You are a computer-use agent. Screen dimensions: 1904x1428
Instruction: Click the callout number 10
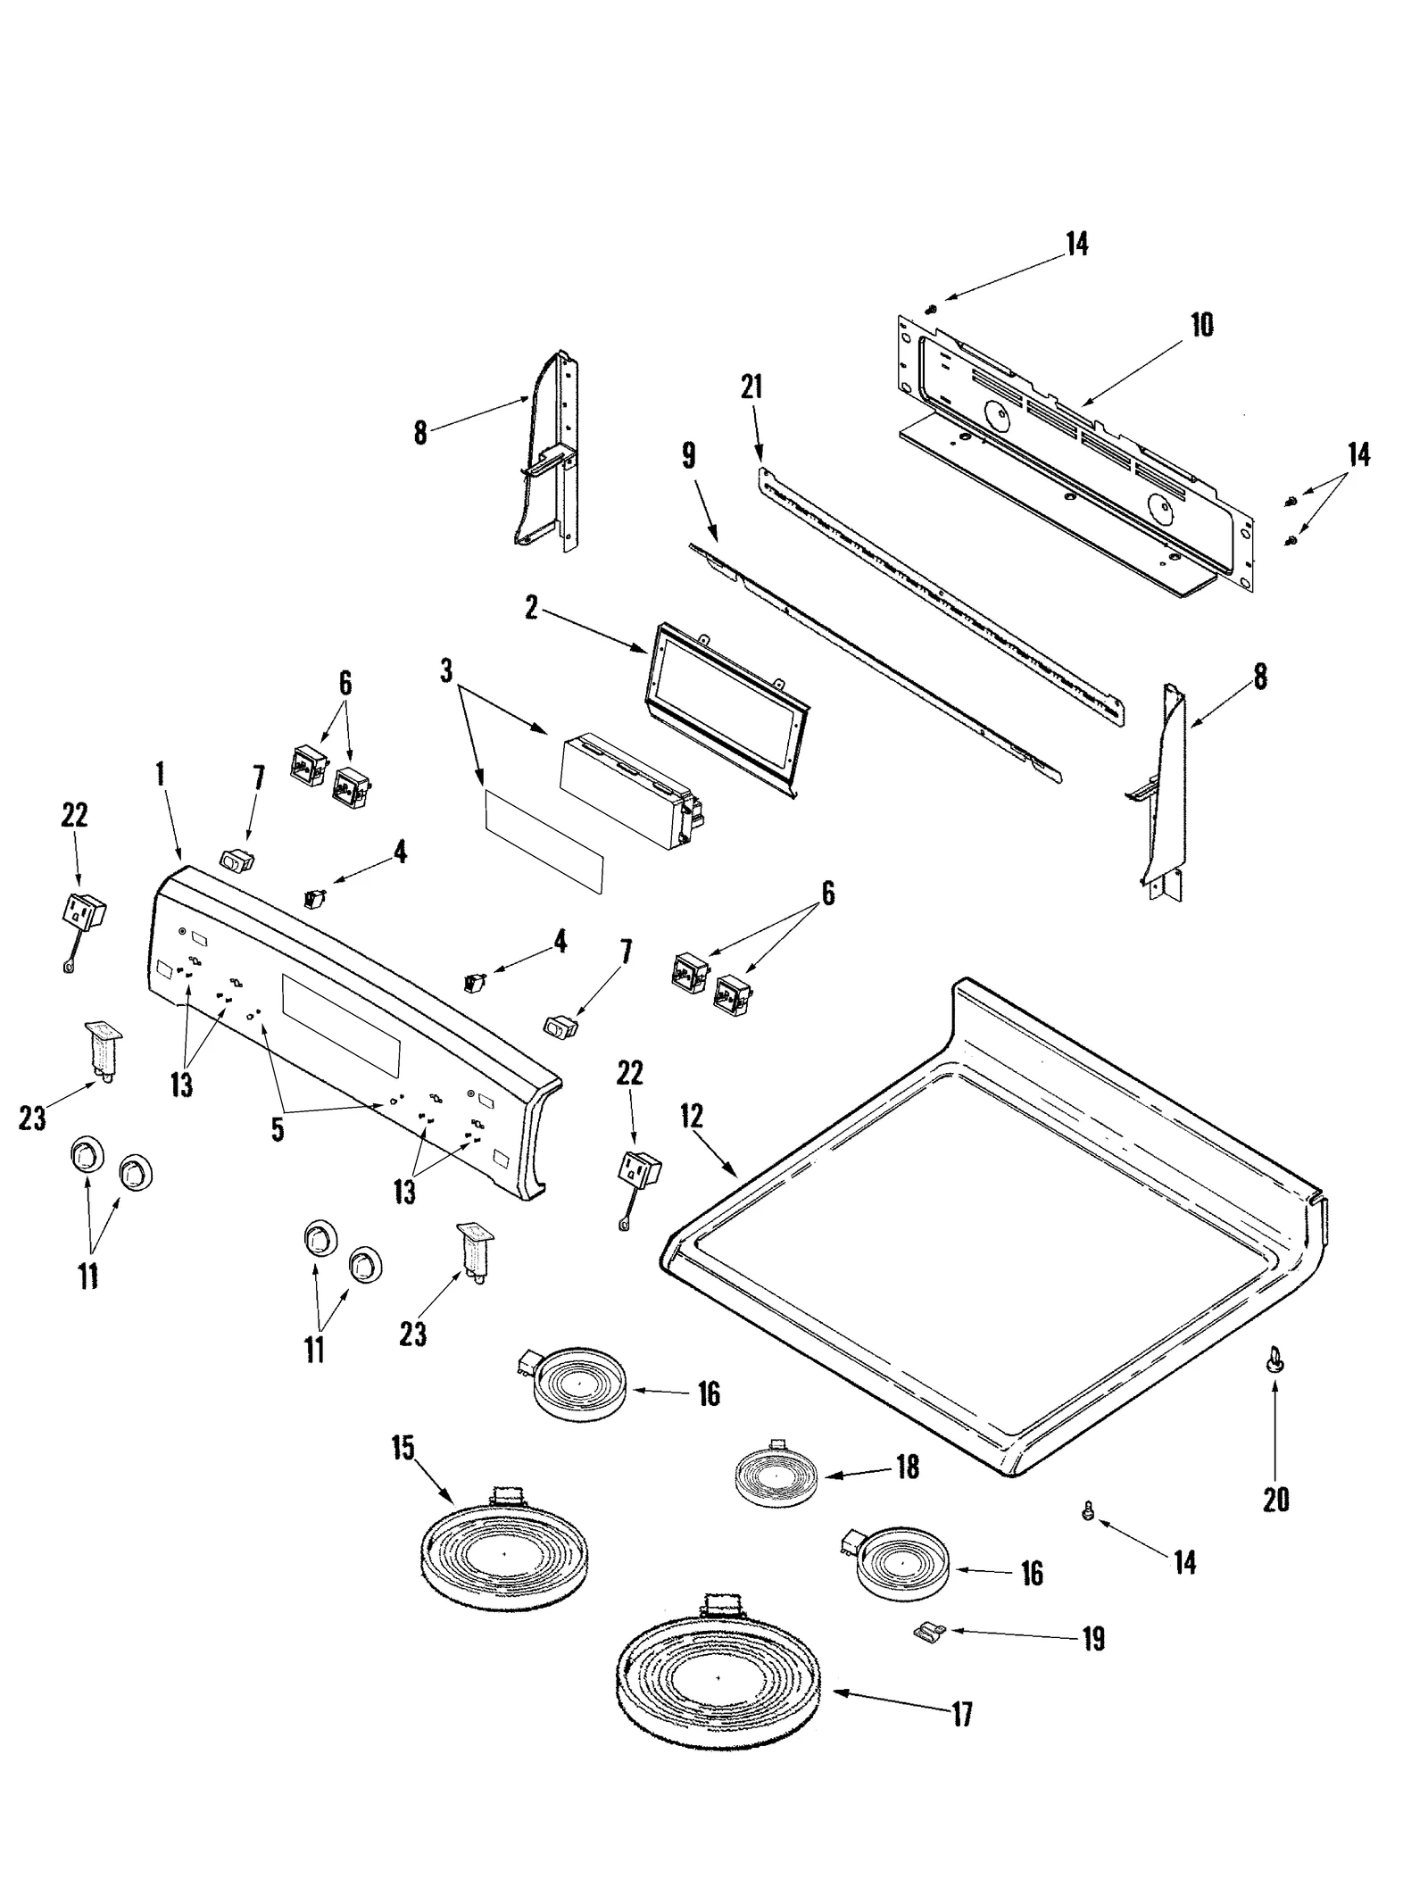click(x=1202, y=325)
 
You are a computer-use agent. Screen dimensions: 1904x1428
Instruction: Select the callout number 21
click(x=751, y=387)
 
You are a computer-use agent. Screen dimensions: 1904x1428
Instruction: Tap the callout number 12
click(x=691, y=1117)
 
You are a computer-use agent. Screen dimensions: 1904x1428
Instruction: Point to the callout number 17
click(x=961, y=1715)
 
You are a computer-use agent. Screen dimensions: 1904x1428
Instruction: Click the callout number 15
click(x=403, y=1448)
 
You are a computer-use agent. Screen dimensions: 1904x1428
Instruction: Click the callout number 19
click(x=1093, y=1639)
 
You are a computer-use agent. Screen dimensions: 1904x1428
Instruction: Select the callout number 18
click(x=908, y=1467)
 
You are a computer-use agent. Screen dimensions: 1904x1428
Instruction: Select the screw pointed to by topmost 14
click(x=930, y=308)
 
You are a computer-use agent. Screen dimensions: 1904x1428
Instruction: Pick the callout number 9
click(x=688, y=455)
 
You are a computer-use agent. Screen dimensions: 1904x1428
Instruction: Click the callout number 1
click(x=161, y=774)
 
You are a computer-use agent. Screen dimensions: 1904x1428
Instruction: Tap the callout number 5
click(x=278, y=1129)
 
